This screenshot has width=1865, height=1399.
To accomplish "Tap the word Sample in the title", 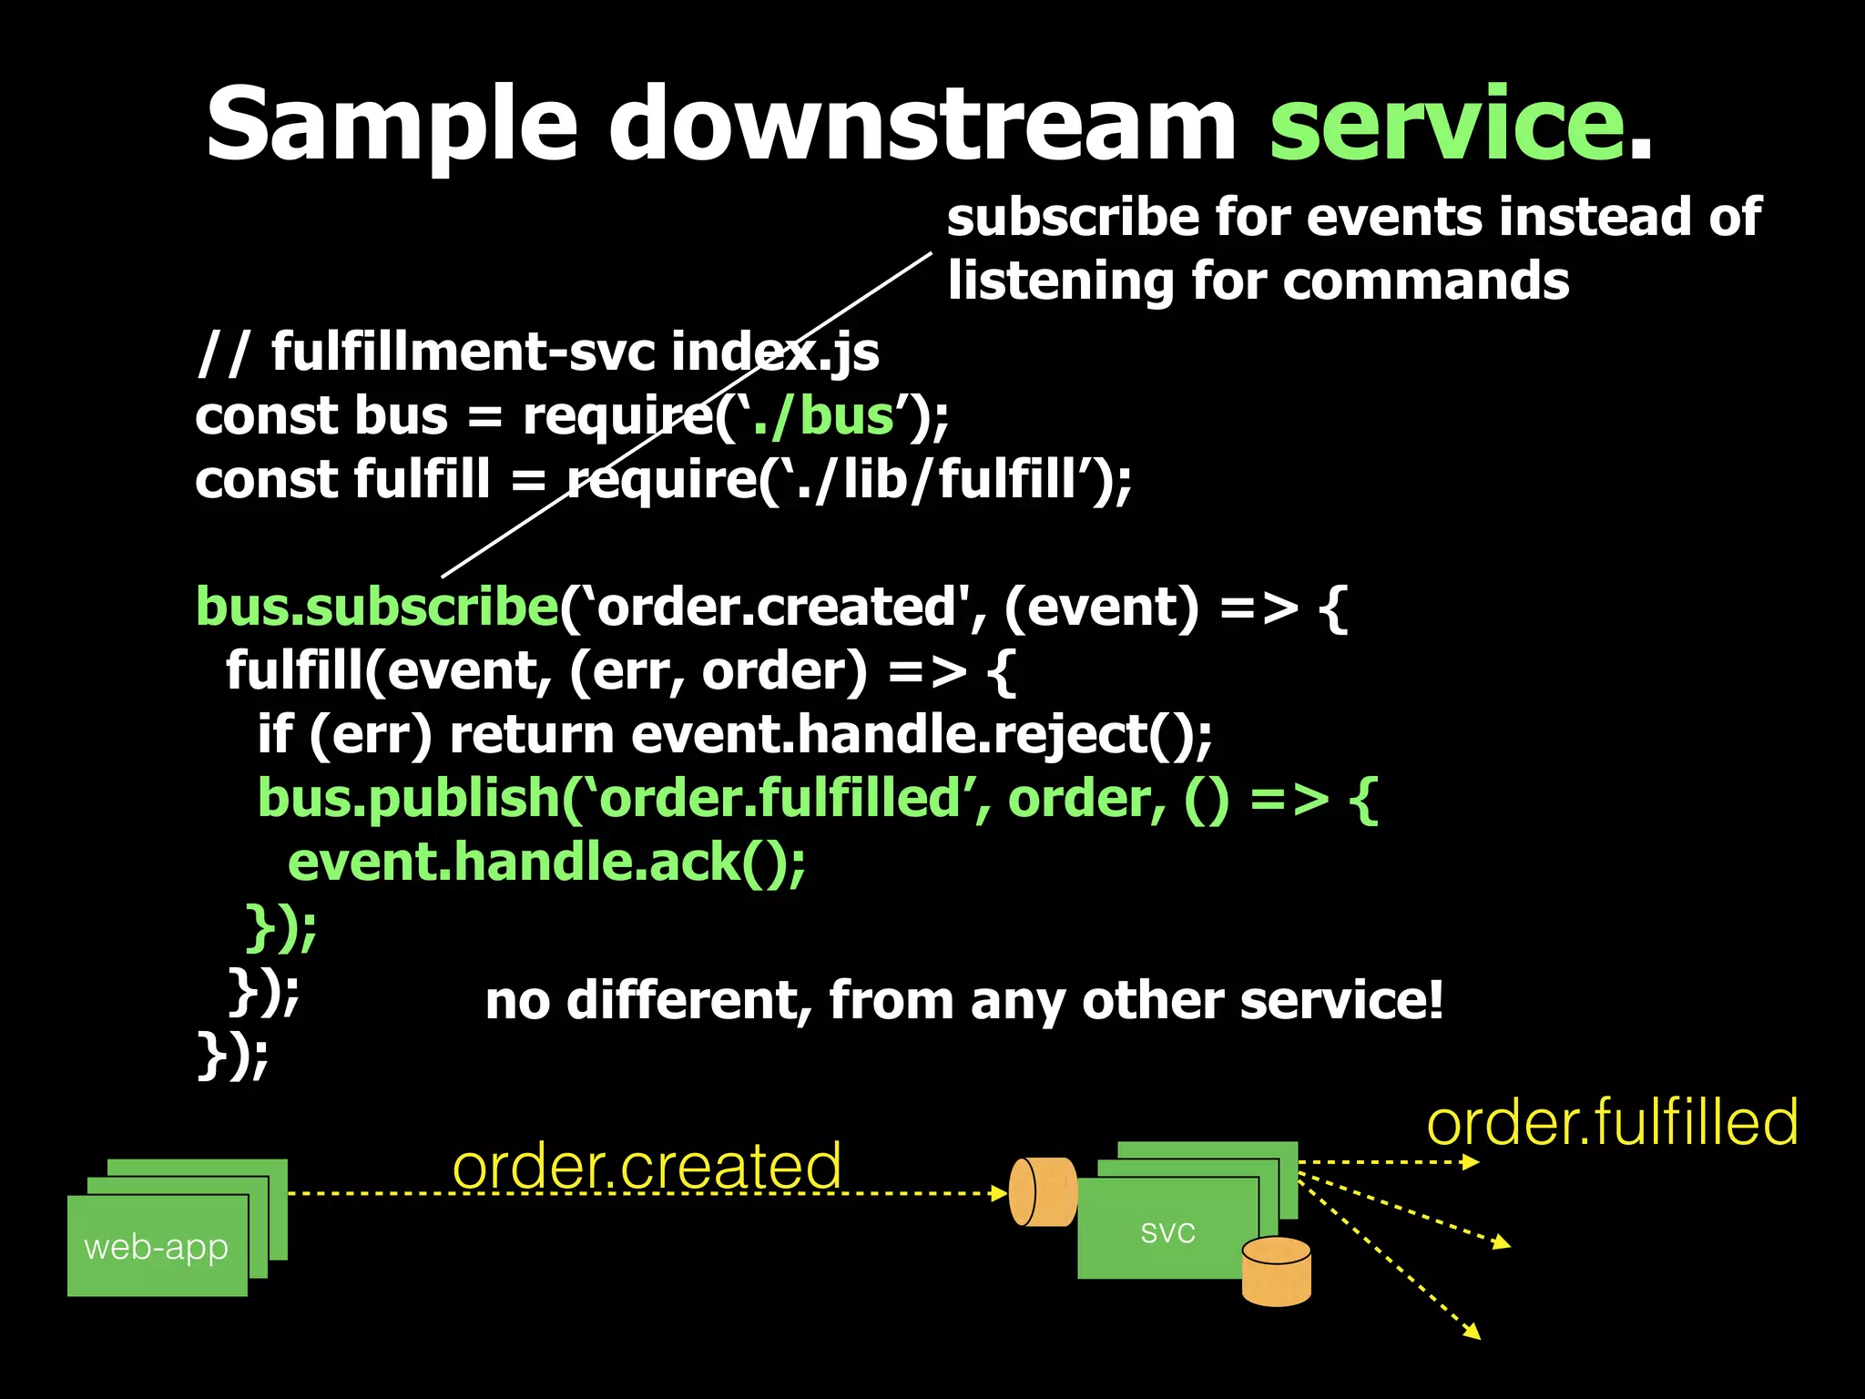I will tap(392, 125).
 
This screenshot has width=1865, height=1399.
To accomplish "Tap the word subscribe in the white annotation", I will tap(1072, 219).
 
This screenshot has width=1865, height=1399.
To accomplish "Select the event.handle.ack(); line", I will tap(546, 863).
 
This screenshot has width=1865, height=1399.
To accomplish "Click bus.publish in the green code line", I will tap(408, 799).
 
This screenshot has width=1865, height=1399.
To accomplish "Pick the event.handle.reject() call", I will tap(921, 735).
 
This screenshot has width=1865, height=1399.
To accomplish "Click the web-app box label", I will tap(157, 1247).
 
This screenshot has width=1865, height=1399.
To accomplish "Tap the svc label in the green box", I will tap(1167, 1231).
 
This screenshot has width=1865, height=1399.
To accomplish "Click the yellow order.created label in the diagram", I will tap(647, 1166).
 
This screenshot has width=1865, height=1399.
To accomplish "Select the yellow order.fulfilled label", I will tap(1612, 1123).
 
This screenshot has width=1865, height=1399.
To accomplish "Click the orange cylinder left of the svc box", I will tap(1044, 1192).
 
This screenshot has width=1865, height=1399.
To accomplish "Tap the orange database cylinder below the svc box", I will tap(1276, 1271).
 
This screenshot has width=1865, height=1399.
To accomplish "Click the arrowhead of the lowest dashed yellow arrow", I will tap(1473, 1333).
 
